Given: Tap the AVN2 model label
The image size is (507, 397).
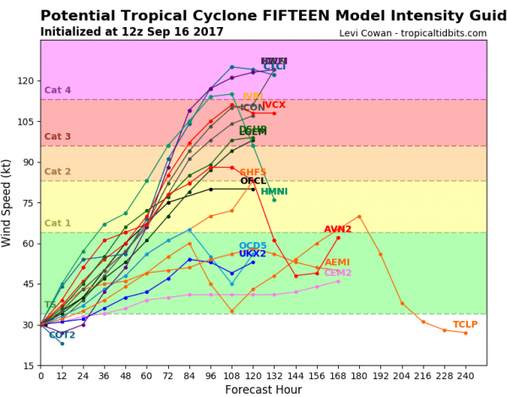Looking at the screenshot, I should [337, 230].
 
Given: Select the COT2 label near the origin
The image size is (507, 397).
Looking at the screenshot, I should [62, 335].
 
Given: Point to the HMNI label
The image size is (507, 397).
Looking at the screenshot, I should [274, 192].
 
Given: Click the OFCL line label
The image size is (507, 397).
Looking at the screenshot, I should [253, 181].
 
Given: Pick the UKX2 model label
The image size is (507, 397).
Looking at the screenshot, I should [252, 254].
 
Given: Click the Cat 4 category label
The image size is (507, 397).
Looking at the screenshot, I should [57, 91].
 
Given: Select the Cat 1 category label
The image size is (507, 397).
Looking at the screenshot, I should [57, 223].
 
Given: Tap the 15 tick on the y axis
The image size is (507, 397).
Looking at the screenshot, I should [27, 366].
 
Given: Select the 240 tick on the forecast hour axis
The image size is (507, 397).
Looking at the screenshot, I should [466, 376].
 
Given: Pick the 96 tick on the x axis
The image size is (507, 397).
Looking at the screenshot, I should [210, 376].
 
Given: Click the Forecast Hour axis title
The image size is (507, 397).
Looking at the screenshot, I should [264, 389].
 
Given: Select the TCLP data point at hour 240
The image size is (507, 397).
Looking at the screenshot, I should [466, 333].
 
